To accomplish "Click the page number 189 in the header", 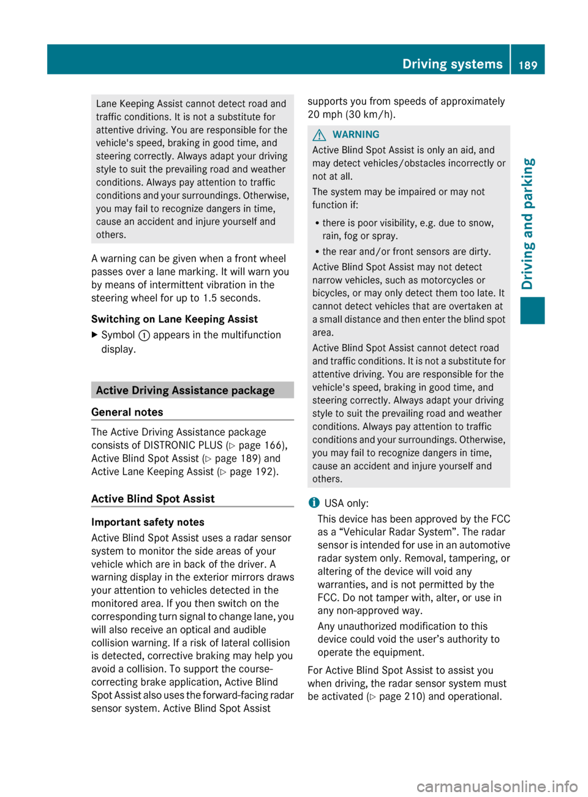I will (527, 65).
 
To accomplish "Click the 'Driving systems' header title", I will (452, 64).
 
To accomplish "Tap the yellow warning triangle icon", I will (319, 135).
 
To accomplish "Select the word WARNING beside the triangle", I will (356, 135).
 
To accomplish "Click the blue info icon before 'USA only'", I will (314, 503).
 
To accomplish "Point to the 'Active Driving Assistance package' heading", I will (185, 391).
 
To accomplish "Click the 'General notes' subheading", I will (127, 412).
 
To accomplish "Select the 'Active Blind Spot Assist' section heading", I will (153, 499).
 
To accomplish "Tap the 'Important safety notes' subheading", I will (148, 522).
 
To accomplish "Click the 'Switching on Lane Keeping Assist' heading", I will (175, 319).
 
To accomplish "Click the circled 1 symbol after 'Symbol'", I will (144, 335).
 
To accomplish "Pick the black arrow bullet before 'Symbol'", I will (94, 335).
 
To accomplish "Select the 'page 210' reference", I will (401, 697).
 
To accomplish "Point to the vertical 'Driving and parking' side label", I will (528, 223).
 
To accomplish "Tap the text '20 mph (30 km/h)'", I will (352, 114).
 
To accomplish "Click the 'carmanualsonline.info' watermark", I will (497, 786).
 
